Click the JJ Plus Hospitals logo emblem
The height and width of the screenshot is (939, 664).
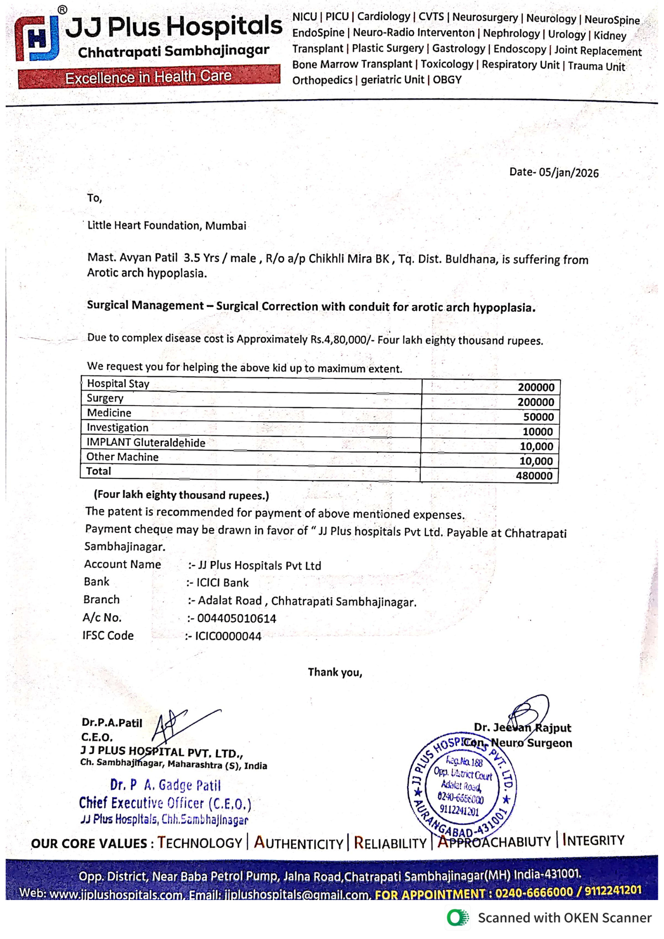(37, 38)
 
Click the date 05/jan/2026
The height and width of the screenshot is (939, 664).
(568, 173)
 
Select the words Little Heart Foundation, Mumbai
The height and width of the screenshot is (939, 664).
(167, 225)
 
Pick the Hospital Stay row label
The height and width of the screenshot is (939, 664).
(118, 384)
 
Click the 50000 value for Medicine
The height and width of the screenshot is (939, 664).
(539, 417)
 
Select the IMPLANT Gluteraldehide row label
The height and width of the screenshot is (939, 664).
(146, 442)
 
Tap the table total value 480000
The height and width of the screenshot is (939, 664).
(534, 476)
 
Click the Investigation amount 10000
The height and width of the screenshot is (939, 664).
(538, 431)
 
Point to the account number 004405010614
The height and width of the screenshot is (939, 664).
(237, 618)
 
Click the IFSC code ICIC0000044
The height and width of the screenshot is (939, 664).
(228, 636)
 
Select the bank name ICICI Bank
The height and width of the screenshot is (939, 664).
(223, 583)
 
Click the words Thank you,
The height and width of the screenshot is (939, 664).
(335, 672)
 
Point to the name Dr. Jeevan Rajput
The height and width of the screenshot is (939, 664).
(522, 728)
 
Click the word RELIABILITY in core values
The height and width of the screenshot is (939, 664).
(390, 843)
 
